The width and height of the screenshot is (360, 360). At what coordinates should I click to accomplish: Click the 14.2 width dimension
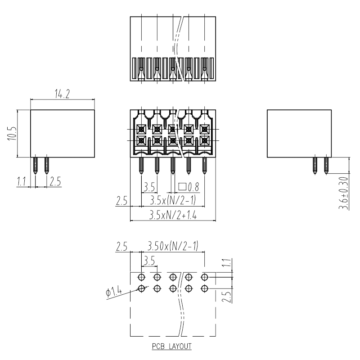[x=62, y=94]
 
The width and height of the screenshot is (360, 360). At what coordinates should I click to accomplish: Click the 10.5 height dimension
[x=12, y=134]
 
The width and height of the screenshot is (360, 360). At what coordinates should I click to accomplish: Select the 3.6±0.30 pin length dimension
[x=343, y=193]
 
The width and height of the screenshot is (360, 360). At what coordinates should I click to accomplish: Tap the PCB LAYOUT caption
[x=172, y=346]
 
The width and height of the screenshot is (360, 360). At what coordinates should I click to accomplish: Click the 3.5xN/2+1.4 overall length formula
[x=173, y=216]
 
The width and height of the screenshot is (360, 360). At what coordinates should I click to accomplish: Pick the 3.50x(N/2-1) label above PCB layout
[x=173, y=246]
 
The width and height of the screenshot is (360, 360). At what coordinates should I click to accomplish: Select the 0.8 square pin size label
[x=189, y=187]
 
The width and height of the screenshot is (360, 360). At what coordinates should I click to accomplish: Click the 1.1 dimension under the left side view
[x=21, y=182]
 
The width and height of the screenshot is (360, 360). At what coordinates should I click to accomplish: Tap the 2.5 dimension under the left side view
[x=55, y=181]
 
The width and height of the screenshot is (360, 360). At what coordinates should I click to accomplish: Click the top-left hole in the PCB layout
[x=141, y=277]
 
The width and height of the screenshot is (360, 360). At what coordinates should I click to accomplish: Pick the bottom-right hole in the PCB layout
[x=204, y=288]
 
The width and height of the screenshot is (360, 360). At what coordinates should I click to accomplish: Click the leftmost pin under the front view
[x=141, y=165]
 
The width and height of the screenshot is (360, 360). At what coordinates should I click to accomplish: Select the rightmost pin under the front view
[x=204, y=165]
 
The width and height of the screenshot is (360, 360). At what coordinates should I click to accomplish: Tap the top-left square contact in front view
[x=141, y=130]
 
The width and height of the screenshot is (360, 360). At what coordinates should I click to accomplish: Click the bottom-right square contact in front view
[x=204, y=140]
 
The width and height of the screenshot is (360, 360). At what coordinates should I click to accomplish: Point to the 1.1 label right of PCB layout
[x=227, y=263]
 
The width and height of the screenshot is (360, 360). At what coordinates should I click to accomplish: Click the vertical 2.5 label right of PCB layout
[x=227, y=297]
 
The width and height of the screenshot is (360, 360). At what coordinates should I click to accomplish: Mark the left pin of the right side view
[x=315, y=165]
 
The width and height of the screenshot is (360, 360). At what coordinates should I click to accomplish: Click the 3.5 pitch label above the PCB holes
[x=149, y=261]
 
